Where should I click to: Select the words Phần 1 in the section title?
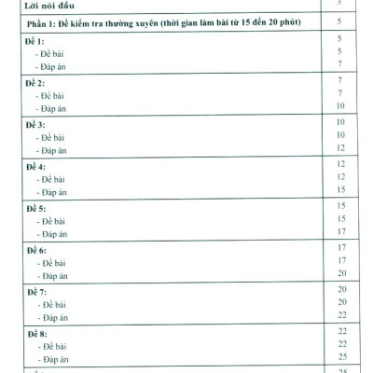44,21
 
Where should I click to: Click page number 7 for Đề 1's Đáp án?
340,64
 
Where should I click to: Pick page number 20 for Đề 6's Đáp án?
341,273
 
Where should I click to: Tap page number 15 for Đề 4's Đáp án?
341,189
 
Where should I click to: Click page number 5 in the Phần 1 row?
340,21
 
